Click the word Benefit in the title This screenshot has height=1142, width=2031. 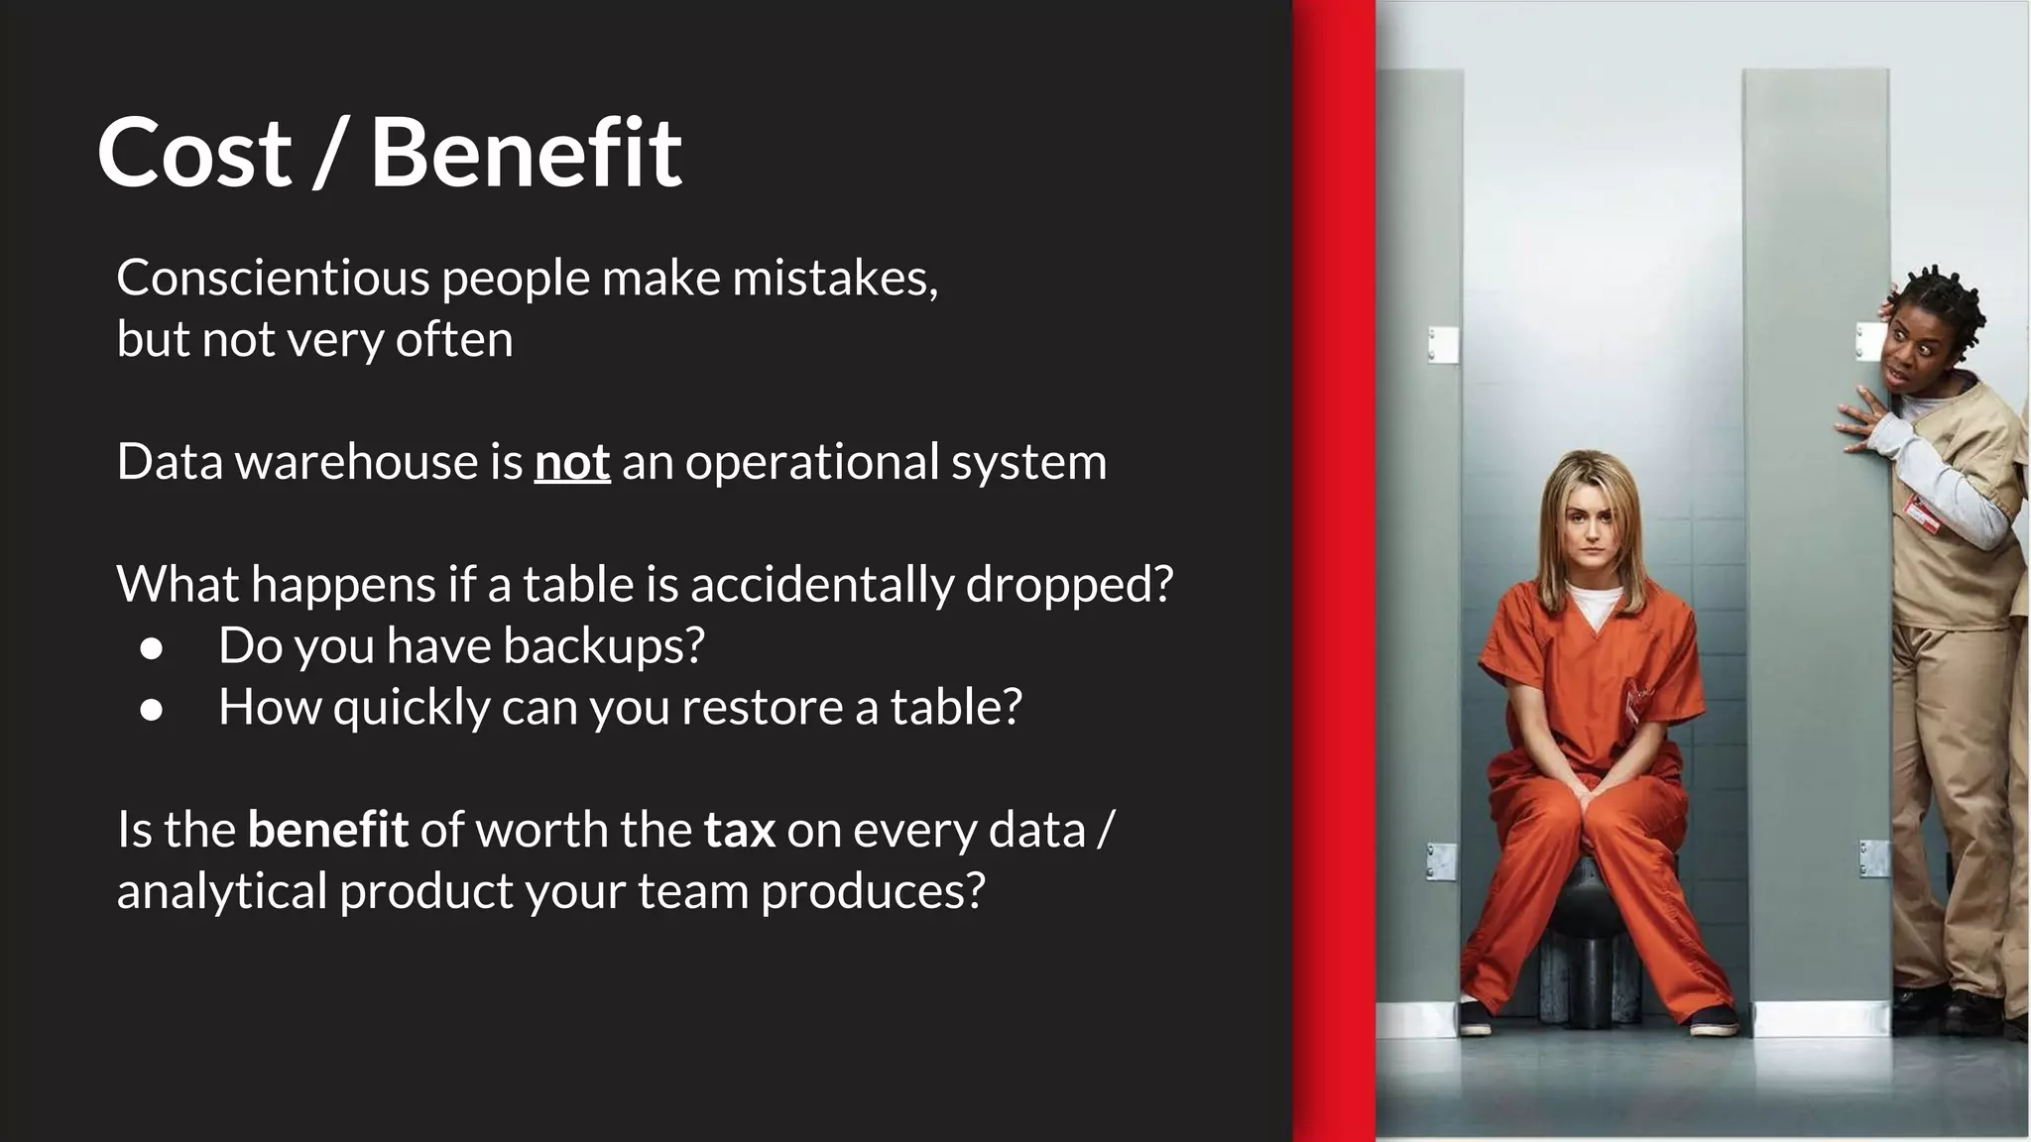526,153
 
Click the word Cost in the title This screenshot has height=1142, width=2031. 194,153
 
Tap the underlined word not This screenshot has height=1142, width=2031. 572,462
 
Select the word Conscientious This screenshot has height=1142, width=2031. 273,278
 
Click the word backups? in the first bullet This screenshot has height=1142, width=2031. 604,645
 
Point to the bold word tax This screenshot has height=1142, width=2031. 740,830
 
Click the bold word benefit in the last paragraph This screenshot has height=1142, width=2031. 327,830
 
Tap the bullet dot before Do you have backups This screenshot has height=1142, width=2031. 152,648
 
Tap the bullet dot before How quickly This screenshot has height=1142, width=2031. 152,710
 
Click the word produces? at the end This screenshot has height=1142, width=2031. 873,891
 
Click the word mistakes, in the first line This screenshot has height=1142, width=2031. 835,278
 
